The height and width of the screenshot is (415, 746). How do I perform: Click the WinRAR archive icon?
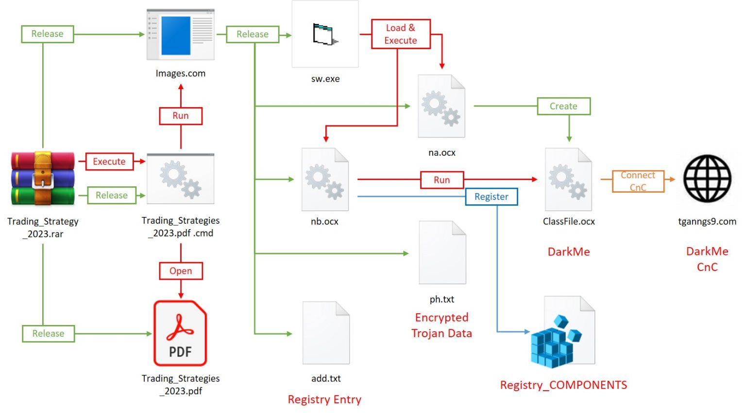[x=43, y=179]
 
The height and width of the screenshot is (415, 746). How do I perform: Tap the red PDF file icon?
[x=180, y=333]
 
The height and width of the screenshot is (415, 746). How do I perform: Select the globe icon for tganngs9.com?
[x=707, y=179]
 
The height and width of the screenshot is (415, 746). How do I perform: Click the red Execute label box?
[x=109, y=162]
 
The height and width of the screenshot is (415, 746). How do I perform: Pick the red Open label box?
[x=181, y=271]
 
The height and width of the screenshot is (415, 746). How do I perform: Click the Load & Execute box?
[x=401, y=34]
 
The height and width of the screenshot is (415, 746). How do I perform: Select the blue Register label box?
[x=491, y=197]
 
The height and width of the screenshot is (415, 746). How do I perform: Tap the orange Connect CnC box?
[x=638, y=181]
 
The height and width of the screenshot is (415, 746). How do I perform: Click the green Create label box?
[x=563, y=106]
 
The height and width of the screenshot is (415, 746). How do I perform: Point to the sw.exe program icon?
[x=325, y=35]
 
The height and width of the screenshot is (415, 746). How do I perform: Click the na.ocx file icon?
[x=441, y=107]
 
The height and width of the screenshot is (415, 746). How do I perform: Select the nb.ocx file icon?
[x=325, y=180]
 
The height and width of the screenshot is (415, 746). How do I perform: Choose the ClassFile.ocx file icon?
[x=568, y=180]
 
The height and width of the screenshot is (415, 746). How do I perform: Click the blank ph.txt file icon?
[x=442, y=253]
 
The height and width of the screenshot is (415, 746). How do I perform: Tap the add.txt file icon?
[x=326, y=333]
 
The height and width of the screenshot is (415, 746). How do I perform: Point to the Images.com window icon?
[x=181, y=35]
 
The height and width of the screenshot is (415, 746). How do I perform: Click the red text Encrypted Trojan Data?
[x=441, y=325]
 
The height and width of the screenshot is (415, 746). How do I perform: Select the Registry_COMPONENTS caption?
[x=563, y=385]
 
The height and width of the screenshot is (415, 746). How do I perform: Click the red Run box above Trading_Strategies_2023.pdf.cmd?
[x=181, y=116]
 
